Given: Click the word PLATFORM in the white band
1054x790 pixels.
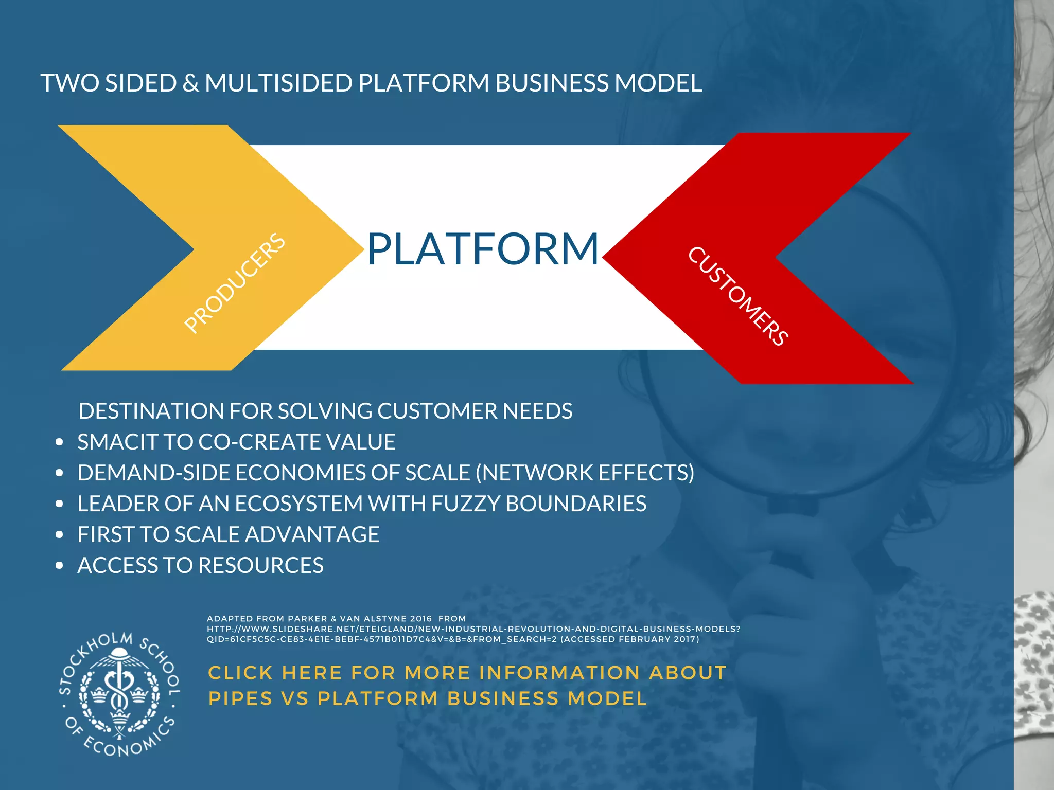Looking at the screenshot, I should tap(483, 249).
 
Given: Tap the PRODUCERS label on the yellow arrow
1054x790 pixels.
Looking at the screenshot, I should tap(235, 282).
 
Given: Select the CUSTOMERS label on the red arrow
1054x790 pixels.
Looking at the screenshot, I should tap(737, 296).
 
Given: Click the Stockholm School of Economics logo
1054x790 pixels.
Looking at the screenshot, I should tap(120, 695).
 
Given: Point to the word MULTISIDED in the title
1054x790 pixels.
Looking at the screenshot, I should tap(278, 83).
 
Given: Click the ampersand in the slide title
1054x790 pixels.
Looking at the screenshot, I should tap(190, 84).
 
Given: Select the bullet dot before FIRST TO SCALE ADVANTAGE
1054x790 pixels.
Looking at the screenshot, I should tap(60, 535).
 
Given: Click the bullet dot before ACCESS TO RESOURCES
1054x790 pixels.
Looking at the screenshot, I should tap(60, 566).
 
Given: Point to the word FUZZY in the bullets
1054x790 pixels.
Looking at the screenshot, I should tap(465, 504).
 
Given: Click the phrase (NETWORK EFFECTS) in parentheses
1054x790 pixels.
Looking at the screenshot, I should tap(585, 473).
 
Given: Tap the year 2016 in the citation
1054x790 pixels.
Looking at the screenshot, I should tap(421, 619).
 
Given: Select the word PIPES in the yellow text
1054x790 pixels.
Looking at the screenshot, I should tap(240, 698).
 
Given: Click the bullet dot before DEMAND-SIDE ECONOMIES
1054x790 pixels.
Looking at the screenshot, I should tap(60, 473).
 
